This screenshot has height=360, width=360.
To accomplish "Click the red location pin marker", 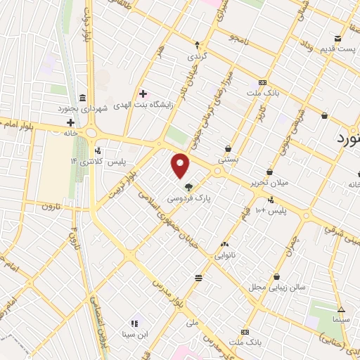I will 181,165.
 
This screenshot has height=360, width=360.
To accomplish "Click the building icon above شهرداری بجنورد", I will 83,97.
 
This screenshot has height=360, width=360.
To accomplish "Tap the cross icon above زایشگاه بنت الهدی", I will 143,94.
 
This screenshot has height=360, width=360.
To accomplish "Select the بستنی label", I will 229,160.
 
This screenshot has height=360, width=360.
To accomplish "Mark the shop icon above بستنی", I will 229,148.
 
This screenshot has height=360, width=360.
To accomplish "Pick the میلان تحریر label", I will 269,184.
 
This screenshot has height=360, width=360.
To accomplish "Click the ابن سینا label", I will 134,334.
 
